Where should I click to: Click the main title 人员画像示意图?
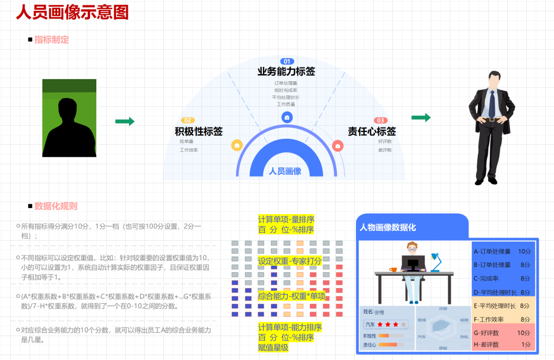coord(72,12)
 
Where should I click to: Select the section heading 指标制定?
coord(52,40)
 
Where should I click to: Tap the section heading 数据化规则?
coord(56,206)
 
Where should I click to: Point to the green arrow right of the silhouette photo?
coord(125,121)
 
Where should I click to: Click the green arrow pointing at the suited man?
coord(421,118)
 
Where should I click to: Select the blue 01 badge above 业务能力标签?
coord(287,62)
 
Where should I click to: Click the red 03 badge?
coord(380,120)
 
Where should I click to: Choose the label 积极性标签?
coord(199,131)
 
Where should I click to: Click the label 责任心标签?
coord(372,131)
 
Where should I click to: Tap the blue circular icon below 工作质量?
coord(287,117)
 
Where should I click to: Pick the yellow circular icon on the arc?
coord(237,145)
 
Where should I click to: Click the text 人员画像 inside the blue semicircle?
coord(285,171)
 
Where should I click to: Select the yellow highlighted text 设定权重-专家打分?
coord(290,261)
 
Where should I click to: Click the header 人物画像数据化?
coord(387,227)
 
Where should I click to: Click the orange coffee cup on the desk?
coord(393,270)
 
